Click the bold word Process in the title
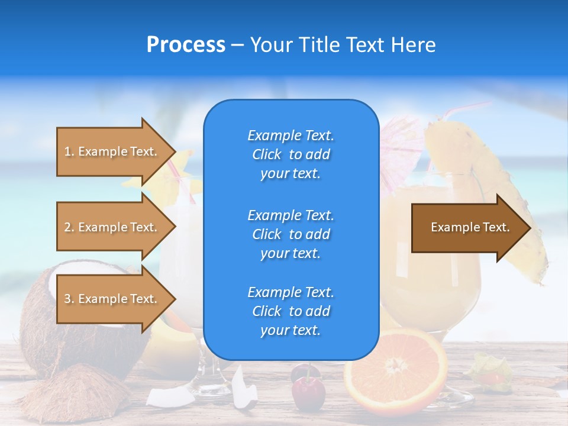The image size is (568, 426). coord(185,45)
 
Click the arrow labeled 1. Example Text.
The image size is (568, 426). coord(112,151)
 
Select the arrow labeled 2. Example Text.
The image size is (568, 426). coord(112,227)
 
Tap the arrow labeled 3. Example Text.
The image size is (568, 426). coord(112,299)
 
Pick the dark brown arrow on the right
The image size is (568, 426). coord(467,227)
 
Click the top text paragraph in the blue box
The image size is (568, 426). coord(291,154)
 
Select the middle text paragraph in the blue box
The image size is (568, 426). coord(291,234)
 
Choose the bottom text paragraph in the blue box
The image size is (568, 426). coord(291,311)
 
